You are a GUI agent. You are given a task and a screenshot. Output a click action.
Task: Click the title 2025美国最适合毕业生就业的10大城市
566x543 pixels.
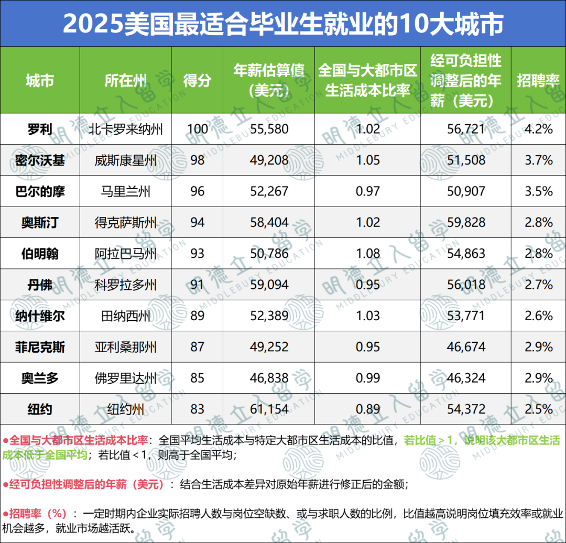283,24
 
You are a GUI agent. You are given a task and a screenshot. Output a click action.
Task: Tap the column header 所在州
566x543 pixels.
125,80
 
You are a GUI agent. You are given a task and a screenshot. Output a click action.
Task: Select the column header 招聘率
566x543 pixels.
538,80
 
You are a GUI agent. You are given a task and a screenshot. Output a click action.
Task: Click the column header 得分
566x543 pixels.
198,80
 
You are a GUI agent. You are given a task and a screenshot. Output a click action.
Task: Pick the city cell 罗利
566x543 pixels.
40,128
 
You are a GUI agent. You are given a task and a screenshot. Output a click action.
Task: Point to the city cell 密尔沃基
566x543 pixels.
40,160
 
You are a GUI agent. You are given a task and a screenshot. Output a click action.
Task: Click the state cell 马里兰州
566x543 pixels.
125,191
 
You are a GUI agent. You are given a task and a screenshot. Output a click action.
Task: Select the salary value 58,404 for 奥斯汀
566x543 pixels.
269,222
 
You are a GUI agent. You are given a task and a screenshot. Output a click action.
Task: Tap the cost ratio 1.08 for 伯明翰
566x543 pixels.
367,254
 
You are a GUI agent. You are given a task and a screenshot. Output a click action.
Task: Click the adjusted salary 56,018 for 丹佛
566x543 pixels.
465,285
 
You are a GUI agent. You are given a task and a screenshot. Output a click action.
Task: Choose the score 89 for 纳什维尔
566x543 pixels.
198,316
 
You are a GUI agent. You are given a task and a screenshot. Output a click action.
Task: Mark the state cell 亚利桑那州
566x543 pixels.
125,347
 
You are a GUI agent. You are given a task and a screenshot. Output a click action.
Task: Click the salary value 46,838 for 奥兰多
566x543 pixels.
269,378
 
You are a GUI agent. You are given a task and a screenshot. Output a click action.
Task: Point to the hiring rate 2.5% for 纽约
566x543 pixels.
538,409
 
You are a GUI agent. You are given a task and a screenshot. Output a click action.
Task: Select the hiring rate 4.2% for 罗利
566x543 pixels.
538,128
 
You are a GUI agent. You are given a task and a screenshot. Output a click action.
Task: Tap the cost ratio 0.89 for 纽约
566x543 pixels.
367,409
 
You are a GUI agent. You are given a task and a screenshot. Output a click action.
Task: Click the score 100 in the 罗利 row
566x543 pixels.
198,128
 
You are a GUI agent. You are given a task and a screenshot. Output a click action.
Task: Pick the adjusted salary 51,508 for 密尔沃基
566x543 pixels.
465,160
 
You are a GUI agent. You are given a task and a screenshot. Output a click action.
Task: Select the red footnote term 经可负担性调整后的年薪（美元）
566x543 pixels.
86,484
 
